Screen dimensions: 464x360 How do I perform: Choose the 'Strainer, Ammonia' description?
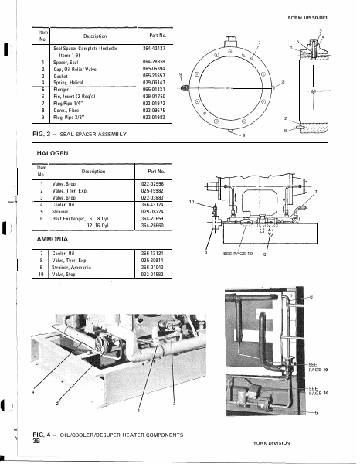tap(76, 267)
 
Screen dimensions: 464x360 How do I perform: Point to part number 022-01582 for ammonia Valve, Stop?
tap(152, 274)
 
